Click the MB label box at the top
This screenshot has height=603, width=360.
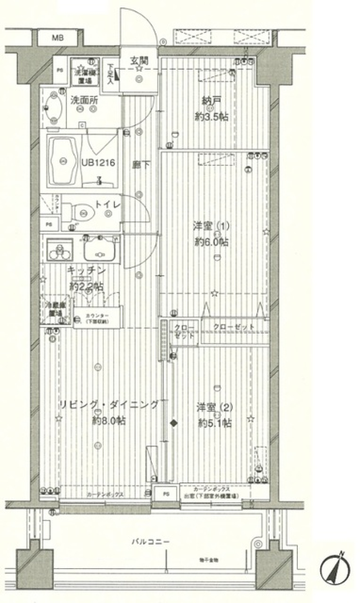[58, 38]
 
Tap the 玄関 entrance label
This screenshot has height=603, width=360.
[139, 60]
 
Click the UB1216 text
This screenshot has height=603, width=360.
[98, 163]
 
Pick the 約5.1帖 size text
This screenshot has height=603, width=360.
[214, 423]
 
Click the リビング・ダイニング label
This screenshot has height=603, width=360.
[109, 405]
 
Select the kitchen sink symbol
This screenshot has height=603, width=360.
[99, 249]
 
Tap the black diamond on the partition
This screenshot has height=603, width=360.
[173, 423]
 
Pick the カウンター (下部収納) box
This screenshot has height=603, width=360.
[97, 318]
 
